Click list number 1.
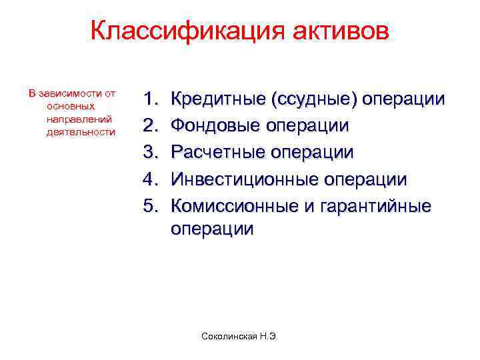pos(151,100)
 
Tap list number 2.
pos(151,126)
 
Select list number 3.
pos(151,152)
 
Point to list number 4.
pos(151,179)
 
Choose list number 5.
pos(151,205)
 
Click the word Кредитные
pos(217,100)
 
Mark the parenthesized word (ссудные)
pos(314,100)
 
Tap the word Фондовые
pos(215,126)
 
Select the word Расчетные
pos(216,152)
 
